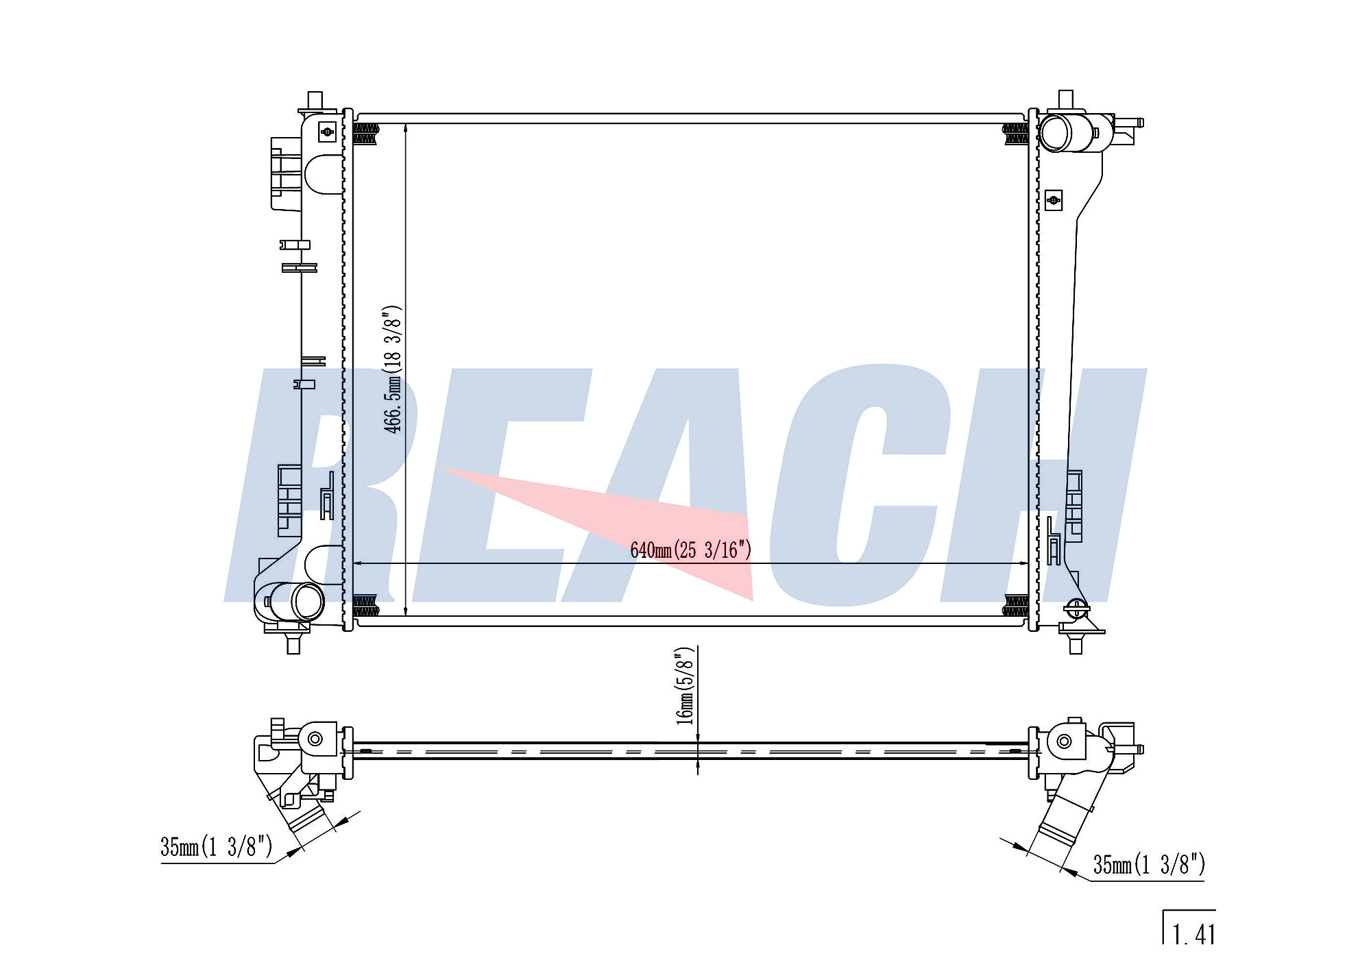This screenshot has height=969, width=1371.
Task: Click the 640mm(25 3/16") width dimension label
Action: click(x=691, y=550)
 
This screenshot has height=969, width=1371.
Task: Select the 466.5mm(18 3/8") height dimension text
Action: click(x=393, y=369)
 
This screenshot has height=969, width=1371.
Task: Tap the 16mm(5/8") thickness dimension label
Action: click(x=685, y=686)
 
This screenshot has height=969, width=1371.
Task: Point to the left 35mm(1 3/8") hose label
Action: click(x=217, y=847)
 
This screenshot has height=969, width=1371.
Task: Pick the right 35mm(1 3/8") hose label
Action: click(x=1149, y=865)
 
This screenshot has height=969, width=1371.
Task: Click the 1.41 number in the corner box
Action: click(x=1194, y=934)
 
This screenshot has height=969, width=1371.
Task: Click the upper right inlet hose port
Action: click(x=1056, y=132)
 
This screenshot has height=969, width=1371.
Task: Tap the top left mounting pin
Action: click(x=315, y=100)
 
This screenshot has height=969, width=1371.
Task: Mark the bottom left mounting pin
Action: click(x=293, y=643)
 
